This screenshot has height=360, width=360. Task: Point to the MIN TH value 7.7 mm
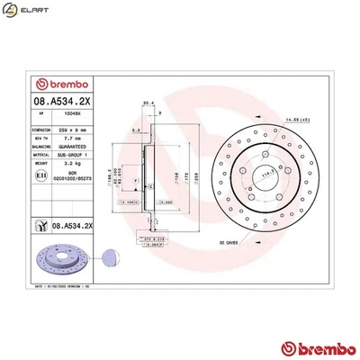pos(67,139)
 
